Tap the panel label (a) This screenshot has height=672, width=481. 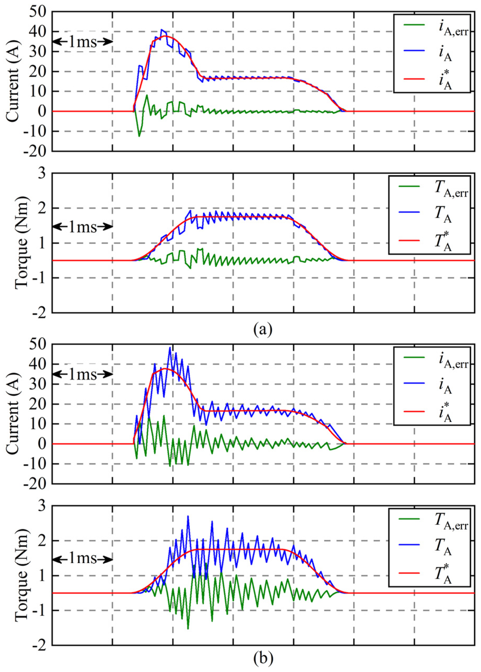pyautogui.click(x=263, y=329)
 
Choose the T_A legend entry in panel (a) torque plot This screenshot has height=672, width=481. pyautogui.click(x=443, y=215)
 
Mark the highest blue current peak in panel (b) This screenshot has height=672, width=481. pyautogui.click(x=170, y=347)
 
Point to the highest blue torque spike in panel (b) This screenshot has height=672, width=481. pyautogui.click(x=188, y=516)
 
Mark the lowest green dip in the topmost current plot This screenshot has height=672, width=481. pyautogui.click(x=139, y=136)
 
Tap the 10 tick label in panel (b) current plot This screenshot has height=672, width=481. pyautogui.click(x=38, y=424)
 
